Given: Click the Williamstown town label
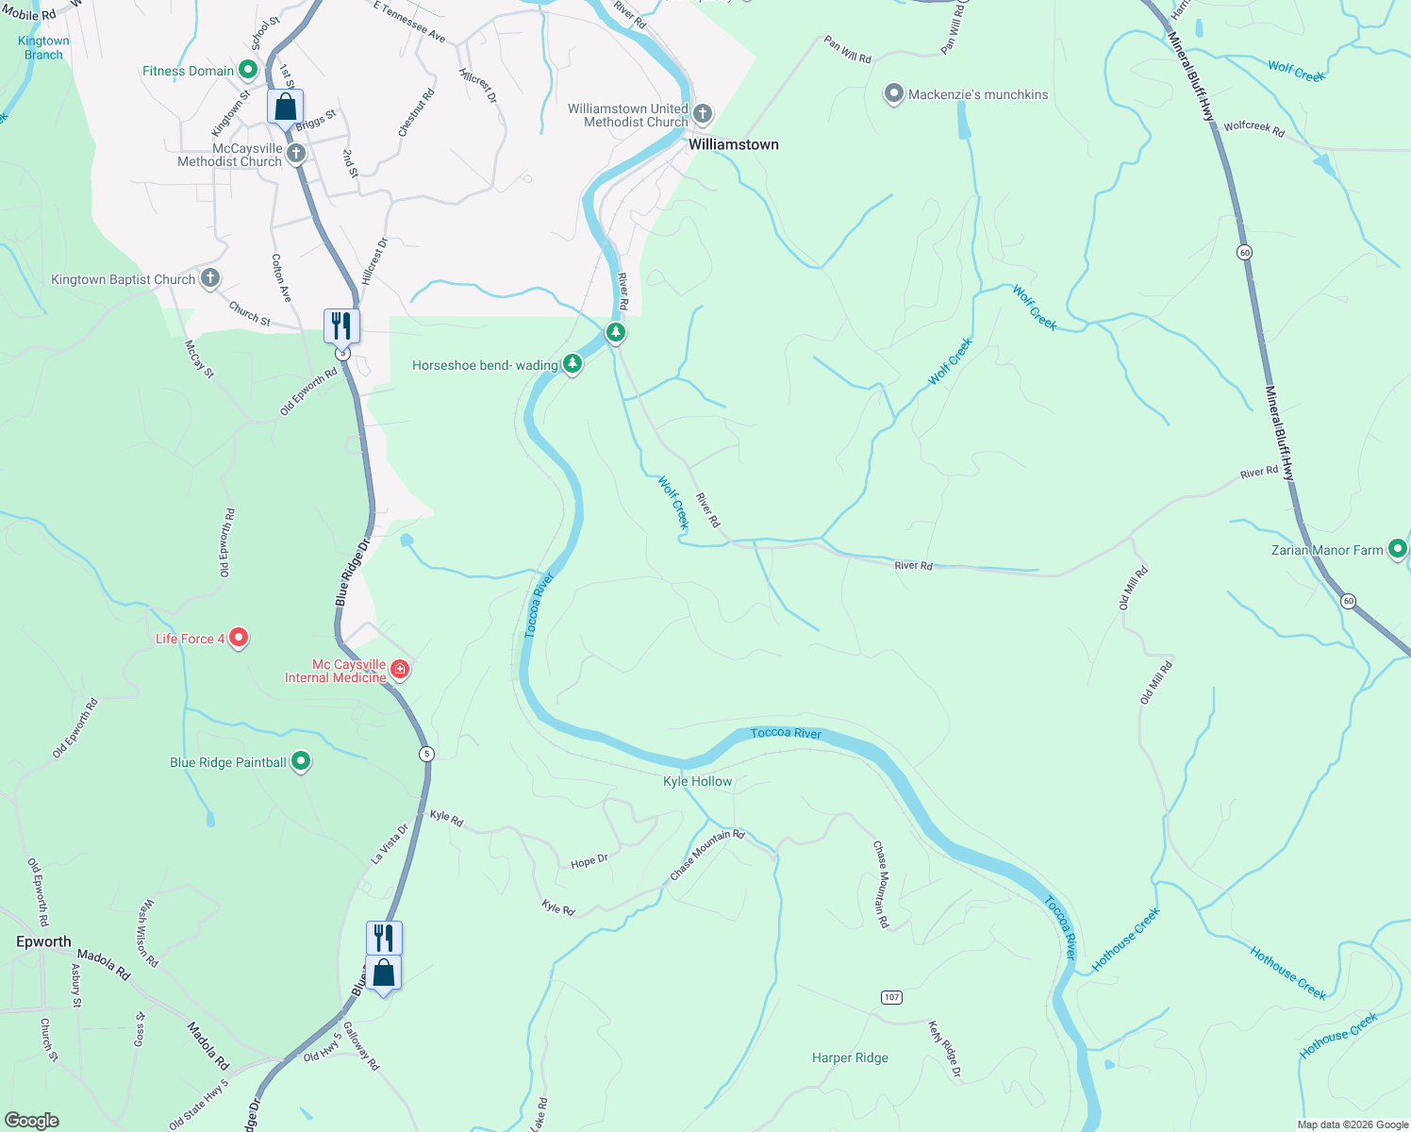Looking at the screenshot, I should pos(733,144).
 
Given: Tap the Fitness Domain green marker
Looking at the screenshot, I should pos(247,70).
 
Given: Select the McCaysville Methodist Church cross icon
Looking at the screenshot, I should pos(296,154).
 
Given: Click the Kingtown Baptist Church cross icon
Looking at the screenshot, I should pos(210,278).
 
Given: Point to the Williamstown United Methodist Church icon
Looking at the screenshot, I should pos(702,115).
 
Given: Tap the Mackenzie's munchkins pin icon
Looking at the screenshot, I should pos(893,94).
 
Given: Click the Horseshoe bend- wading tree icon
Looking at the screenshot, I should pos(573,364).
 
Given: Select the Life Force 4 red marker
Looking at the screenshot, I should pos(239,638).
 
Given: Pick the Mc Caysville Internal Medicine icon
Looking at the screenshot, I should pos(400,670).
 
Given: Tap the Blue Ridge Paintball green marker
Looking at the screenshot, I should pos(301,761).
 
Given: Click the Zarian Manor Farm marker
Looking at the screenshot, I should pos(1397,549).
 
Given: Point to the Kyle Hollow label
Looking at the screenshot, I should pos(697,781).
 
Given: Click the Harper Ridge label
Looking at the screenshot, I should pos(850,1057).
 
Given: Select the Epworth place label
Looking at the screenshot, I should pos(43,941).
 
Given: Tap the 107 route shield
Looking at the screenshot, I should pos(891,997).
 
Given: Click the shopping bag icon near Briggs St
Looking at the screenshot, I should pos(285,108).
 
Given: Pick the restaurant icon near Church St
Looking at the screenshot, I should pos(340,325).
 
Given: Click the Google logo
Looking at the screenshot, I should pos(32,1120).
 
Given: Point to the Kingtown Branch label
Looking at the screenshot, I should pos(43,47).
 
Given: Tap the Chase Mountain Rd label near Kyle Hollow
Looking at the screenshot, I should pos(707,856).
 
